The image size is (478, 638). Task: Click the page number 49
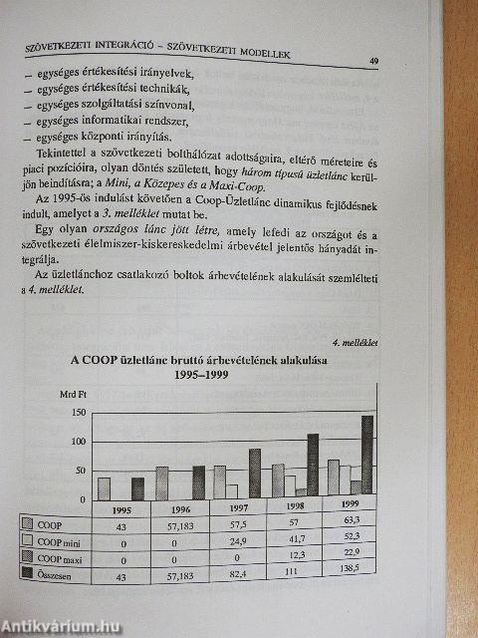pos(373,61)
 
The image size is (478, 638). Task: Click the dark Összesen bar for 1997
pos(255,473)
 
